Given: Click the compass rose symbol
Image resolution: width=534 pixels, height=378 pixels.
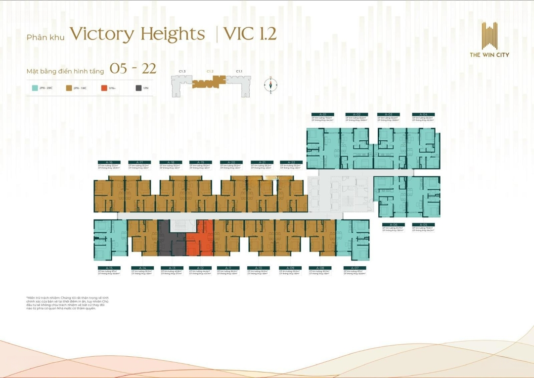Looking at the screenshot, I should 270,85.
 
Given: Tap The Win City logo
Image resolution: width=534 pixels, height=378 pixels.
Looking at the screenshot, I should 489,40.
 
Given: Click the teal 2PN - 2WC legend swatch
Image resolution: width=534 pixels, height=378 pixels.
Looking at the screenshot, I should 35,88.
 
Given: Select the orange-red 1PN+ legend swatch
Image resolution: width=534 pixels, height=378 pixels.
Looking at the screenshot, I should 104,88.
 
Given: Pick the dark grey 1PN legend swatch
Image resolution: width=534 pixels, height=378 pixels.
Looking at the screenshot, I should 138,88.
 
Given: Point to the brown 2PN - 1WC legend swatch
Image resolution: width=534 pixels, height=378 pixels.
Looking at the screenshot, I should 69,88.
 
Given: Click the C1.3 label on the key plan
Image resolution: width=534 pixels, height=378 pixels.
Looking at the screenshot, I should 182,72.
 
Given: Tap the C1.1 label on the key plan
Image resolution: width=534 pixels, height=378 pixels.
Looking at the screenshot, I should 239,72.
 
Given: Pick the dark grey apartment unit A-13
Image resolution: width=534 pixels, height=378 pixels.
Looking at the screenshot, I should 171,240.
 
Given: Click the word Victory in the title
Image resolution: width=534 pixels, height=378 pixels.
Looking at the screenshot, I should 101,35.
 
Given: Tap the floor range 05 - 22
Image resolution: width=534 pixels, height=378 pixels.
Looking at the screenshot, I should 133,69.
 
